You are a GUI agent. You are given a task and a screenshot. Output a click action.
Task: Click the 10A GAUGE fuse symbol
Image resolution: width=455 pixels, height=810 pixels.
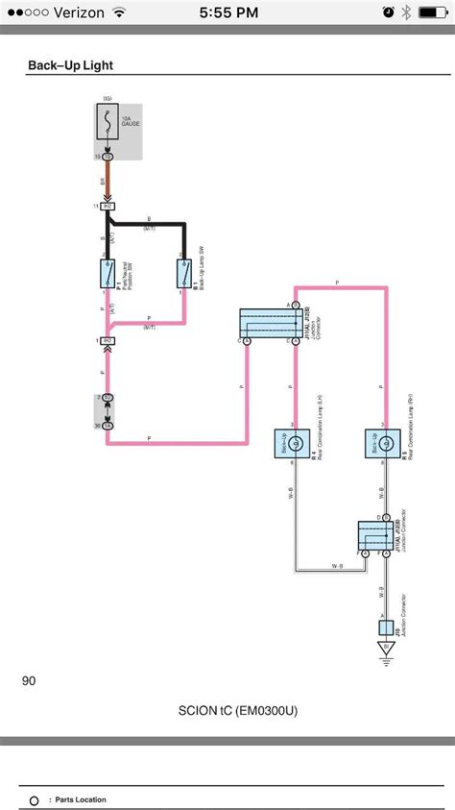click(107, 124)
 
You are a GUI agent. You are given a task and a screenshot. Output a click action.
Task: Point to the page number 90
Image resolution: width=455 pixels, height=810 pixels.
click(29, 681)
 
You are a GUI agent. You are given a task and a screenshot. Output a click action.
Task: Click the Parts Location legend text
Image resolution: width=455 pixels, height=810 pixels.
click(81, 799)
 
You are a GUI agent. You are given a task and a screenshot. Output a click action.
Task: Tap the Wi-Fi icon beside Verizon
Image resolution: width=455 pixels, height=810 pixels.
click(118, 12)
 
